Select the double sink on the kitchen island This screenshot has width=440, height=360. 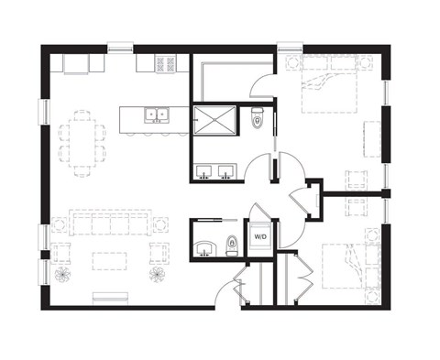[157, 115]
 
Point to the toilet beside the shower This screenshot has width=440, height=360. [258, 115]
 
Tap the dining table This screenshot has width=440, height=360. [82, 142]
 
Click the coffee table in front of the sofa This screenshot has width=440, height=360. [110, 260]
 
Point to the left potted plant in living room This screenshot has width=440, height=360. [63, 274]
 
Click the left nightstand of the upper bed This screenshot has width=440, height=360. [293, 64]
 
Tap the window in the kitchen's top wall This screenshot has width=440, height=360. [120, 46]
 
